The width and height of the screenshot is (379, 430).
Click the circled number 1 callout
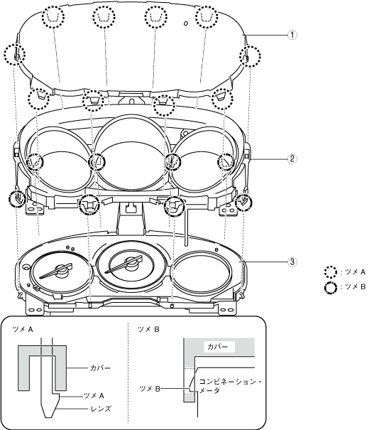292,35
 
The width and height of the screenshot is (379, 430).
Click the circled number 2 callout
292,158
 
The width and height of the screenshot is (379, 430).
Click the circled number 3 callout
292,262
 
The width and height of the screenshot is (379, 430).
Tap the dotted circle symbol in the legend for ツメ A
331,272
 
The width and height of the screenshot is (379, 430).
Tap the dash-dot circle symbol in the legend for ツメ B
331,288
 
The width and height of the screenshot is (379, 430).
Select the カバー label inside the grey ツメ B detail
218,347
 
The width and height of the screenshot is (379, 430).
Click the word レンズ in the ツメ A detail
101,409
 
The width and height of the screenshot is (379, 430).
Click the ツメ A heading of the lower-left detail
23,329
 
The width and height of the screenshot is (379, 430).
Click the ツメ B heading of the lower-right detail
148,329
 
